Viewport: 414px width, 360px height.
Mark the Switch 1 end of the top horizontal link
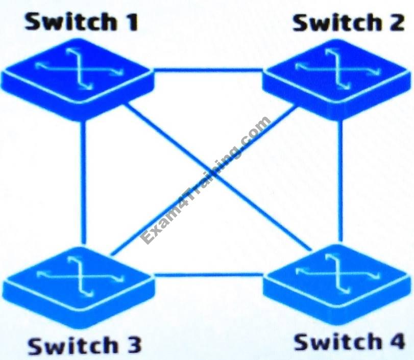point(153,70)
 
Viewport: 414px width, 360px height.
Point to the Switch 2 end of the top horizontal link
point(263,70)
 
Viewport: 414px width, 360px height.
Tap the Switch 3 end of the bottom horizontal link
point(154,275)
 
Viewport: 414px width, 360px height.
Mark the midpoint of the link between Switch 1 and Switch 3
point(83,183)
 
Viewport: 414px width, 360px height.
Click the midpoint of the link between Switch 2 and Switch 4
point(340,181)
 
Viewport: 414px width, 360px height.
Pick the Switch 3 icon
point(79,288)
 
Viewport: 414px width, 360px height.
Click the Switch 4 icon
point(336,285)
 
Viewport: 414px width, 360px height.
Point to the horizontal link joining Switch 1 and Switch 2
point(208,70)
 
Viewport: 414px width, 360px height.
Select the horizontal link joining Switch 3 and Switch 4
point(209,275)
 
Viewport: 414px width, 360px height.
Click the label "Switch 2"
point(349,22)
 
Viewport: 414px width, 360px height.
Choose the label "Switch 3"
point(85,345)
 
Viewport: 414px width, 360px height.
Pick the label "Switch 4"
point(349,342)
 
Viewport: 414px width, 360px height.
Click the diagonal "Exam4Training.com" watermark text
point(205,180)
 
